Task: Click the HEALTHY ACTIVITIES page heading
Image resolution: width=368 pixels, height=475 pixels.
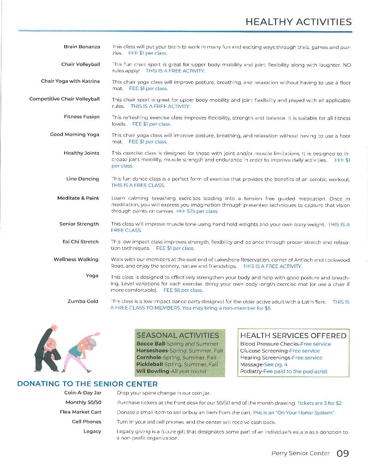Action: click(x=298, y=22)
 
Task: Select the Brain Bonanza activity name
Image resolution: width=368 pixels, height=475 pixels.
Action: click(x=82, y=46)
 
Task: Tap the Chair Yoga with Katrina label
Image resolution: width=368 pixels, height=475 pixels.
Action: click(x=70, y=81)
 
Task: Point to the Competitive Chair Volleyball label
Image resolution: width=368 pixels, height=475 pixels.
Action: click(x=64, y=99)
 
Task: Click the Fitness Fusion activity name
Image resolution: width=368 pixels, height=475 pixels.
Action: click(x=82, y=116)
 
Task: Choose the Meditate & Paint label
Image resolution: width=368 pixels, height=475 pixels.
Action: click(x=78, y=198)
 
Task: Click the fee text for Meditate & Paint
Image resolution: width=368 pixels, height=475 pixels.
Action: click(x=197, y=211)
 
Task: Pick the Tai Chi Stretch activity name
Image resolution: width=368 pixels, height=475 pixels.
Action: click(x=80, y=242)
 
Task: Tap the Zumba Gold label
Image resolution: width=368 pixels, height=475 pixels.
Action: click(x=83, y=301)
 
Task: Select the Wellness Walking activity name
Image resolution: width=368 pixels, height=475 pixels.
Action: click(x=76, y=259)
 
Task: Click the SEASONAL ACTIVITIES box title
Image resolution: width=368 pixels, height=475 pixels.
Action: click(x=177, y=335)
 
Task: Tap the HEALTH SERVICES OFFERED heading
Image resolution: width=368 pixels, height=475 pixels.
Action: click(x=293, y=336)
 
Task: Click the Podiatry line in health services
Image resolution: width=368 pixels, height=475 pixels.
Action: click(x=284, y=372)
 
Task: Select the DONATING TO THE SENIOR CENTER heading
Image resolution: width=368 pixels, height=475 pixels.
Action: click(x=87, y=384)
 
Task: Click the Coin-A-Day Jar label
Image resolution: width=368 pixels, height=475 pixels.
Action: click(x=82, y=393)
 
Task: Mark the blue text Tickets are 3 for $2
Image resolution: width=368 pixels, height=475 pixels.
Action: click(x=319, y=403)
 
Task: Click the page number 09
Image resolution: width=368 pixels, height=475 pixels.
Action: click(x=342, y=453)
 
